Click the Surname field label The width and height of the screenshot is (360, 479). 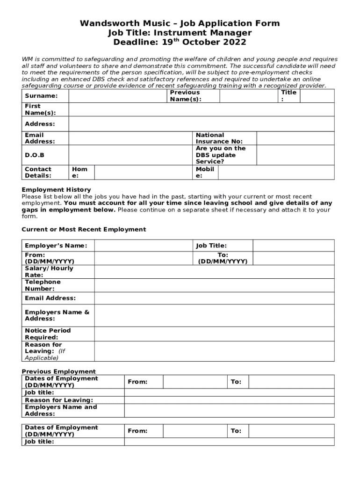(41, 96)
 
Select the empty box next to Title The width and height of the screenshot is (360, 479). (317, 96)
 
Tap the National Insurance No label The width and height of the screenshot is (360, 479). (219, 138)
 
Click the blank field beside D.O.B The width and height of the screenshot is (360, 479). (131, 155)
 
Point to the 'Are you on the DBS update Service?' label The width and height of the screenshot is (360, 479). (220, 155)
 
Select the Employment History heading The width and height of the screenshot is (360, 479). (50, 189)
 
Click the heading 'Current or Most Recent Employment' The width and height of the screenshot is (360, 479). (84, 229)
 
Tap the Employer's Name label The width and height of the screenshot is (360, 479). (56, 246)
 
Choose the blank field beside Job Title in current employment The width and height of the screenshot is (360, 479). (293, 246)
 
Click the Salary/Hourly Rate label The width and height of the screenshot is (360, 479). (49, 272)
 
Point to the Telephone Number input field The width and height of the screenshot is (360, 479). (214, 285)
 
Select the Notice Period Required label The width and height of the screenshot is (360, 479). (48, 334)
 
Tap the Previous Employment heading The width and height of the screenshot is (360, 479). (52, 371)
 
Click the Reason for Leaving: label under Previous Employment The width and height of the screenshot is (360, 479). (59, 400)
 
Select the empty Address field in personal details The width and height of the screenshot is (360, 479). (201, 124)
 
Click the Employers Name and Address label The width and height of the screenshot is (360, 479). (61, 410)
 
